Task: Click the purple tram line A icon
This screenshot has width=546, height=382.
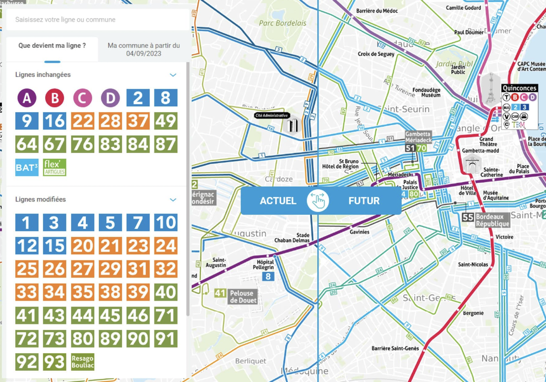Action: coord(27,98)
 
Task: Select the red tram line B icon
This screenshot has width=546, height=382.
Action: coord(55,98)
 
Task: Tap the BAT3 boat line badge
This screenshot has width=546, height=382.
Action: coord(27,168)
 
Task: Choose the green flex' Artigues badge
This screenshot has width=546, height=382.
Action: coord(55,168)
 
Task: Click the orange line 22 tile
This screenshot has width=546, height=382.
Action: coord(83,121)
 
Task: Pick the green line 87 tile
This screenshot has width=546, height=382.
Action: coord(166,144)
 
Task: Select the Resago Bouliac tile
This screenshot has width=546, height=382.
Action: coord(83,362)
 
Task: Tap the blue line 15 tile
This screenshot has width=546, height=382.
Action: coord(55,246)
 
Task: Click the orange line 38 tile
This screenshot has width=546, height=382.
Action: coord(110,292)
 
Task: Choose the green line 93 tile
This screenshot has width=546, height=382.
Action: coord(55,362)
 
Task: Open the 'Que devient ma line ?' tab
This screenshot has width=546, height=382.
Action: coord(52,46)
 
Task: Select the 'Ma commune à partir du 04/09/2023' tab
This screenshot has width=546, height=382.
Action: coord(143,50)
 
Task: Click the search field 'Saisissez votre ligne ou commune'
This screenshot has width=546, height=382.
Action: coord(97,20)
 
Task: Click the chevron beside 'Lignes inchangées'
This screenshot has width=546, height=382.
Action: coord(173,75)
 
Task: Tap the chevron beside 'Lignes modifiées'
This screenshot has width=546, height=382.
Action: coord(173,200)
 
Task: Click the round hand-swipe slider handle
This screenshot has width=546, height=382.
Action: coord(318,201)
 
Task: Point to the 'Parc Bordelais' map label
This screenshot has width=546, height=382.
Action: coord(282,23)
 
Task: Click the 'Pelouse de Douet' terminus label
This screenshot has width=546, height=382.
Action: coord(243,297)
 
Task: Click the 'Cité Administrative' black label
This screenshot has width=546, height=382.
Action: coord(271,116)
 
